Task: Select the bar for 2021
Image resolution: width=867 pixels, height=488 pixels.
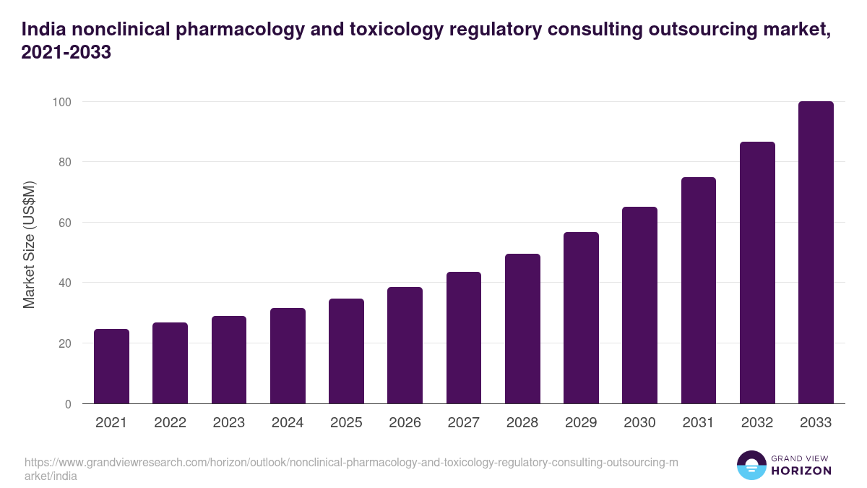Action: click(x=111, y=367)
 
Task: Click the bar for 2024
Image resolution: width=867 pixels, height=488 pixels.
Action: click(x=288, y=356)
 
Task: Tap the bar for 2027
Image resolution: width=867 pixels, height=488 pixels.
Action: click(x=464, y=338)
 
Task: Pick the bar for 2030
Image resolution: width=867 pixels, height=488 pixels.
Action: click(x=639, y=305)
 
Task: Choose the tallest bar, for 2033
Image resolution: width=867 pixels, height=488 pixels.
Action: click(x=816, y=252)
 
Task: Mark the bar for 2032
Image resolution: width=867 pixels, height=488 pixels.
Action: click(x=757, y=273)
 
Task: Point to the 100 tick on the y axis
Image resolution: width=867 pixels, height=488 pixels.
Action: click(x=61, y=102)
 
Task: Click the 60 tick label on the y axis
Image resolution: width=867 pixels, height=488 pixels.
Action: click(x=64, y=223)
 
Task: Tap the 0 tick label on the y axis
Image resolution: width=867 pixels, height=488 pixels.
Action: click(x=68, y=404)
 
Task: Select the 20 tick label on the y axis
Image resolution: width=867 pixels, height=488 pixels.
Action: click(x=64, y=343)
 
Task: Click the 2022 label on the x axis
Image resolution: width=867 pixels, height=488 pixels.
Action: click(x=170, y=423)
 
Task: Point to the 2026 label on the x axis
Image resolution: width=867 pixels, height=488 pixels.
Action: click(x=405, y=423)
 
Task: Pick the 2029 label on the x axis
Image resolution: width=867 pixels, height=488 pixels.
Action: click(x=581, y=423)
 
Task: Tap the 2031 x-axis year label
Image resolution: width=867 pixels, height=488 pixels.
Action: click(x=698, y=423)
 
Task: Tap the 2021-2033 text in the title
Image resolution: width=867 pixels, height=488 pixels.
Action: click(x=66, y=53)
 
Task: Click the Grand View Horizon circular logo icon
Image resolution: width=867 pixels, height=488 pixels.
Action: click(x=751, y=465)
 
